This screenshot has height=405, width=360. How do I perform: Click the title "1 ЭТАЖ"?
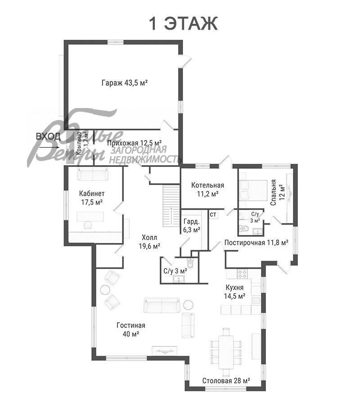coord(183,23)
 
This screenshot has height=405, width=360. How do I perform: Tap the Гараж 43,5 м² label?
coord(125,83)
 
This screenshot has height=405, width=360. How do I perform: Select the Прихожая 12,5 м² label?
coord(134,143)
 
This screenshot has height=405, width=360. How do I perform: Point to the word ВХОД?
coord(48,136)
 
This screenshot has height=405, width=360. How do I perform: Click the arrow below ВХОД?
coord(49,148)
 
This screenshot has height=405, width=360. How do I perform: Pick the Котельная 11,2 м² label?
coord(207,189)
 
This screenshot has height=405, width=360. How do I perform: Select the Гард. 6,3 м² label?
coord(192,225)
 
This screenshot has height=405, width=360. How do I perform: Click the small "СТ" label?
coord(213,214)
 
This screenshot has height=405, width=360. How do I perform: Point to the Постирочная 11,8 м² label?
coord(256,243)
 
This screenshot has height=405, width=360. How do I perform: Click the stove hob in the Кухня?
coord(242,274)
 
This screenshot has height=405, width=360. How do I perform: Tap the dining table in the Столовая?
coord(226,352)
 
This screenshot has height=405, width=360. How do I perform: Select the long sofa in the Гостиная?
coord(162,306)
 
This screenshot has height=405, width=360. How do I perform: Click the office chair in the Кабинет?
coord(88,225)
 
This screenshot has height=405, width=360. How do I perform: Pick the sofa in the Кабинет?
coord(92,174)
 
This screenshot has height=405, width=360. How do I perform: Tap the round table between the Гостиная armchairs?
coord(104,289)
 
